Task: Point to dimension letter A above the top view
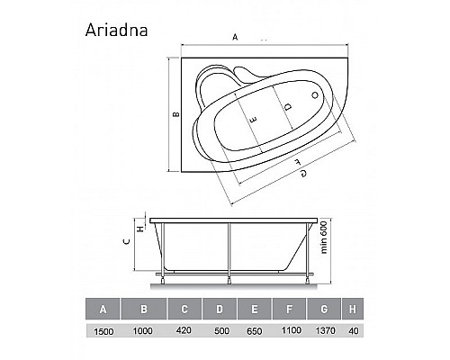click(x=235, y=37)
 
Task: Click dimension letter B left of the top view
click(x=176, y=114)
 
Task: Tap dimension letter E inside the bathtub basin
click(x=254, y=120)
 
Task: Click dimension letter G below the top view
click(x=302, y=172)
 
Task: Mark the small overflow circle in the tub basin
click(x=314, y=94)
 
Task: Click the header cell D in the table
click(x=220, y=311)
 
